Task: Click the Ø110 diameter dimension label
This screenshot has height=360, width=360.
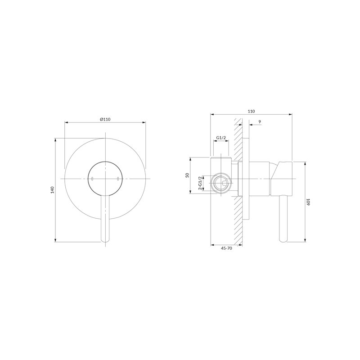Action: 105,119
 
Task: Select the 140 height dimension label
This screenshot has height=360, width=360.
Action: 53,190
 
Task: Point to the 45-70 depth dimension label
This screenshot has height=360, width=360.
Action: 226,248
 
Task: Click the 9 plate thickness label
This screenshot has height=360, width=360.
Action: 260,121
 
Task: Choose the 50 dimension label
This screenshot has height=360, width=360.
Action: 187,175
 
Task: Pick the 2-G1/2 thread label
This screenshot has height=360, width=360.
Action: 200,183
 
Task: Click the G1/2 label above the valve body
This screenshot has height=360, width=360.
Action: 221,138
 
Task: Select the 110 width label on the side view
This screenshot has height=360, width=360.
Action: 252,111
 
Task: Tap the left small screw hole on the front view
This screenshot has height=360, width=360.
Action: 92,179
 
